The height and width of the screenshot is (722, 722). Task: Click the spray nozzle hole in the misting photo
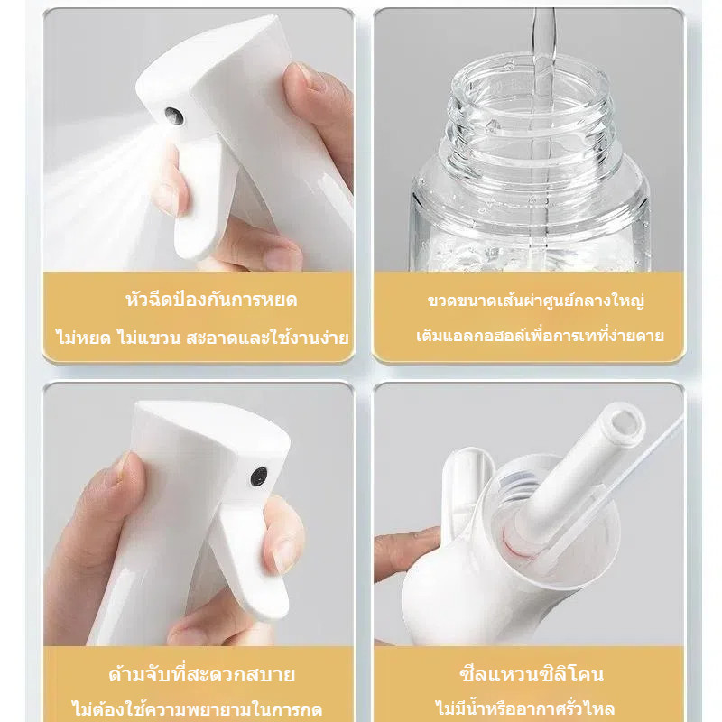[x=174, y=116]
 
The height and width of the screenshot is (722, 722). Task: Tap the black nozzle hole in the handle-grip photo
[x=259, y=477]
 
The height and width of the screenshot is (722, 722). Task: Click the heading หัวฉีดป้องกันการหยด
[x=211, y=300]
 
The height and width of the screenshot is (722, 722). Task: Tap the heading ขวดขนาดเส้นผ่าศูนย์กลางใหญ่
[x=535, y=301]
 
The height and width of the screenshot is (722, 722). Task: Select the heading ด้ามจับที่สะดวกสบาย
[x=201, y=674]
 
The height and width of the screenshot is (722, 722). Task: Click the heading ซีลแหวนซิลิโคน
[x=532, y=673]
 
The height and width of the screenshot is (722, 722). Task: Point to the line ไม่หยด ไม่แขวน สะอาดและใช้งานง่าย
[x=201, y=337]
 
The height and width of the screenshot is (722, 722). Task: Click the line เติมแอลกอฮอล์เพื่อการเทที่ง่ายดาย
[x=540, y=335]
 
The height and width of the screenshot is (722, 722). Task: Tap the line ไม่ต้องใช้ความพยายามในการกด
[x=197, y=709]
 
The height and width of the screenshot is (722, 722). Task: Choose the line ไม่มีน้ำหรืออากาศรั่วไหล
[x=525, y=708]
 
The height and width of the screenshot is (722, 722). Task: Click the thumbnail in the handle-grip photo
[x=121, y=466]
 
